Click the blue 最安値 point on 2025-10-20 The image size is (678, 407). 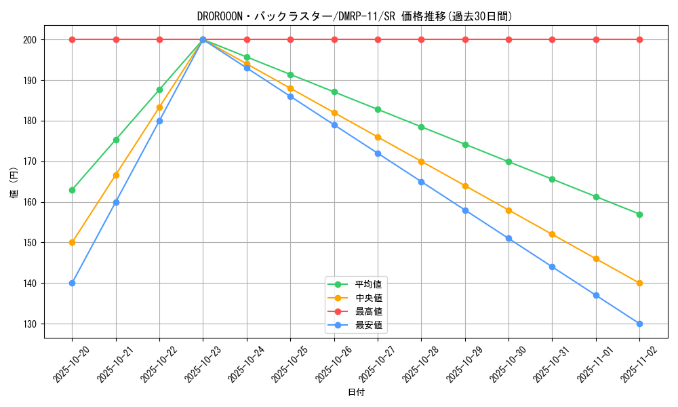coord(73,283)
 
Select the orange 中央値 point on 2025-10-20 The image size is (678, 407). coord(73,242)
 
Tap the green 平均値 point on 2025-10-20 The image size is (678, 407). coord(73,190)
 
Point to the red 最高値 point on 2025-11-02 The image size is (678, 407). coord(639,39)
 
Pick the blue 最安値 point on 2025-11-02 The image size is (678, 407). coord(639,324)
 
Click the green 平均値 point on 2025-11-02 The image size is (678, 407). coord(639,214)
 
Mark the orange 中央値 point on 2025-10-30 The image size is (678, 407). coord(509,210)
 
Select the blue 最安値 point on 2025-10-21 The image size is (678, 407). coord(116,202)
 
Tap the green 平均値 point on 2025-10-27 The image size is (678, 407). coord(378,109)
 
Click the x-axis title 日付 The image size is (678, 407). coord(356,393)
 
